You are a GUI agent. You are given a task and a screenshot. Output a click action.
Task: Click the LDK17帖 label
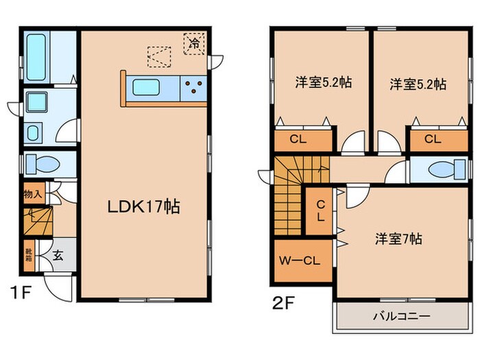click(x=143, y=206)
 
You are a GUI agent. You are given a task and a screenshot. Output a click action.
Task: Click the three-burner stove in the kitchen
click(x=194, y=88)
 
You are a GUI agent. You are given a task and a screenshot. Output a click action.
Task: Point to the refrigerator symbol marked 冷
click(x=195, y=43)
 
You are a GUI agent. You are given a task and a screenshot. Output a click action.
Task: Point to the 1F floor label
click(x=21, y=294)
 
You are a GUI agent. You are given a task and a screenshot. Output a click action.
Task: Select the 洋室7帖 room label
click(x=398, y=239)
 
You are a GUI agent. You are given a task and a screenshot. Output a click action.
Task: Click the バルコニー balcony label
click(x=401, y=317)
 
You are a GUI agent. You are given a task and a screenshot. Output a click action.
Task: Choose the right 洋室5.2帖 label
click(x=418, y=84)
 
